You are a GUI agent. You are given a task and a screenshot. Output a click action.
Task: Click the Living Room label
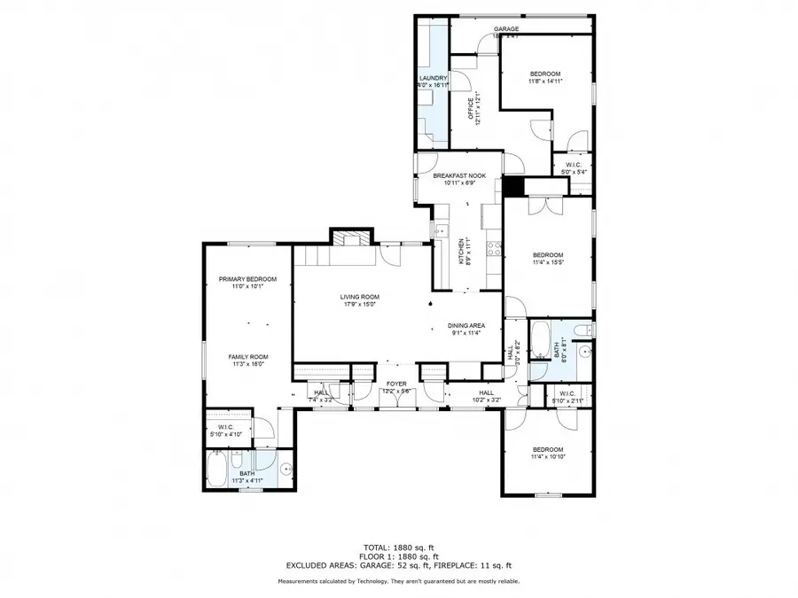359,300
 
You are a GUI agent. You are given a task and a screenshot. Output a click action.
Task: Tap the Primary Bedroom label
247,283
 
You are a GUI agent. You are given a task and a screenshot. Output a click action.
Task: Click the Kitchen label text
460,250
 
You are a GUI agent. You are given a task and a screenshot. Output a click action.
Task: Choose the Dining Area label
465,330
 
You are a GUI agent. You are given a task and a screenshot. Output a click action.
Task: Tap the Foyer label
395,387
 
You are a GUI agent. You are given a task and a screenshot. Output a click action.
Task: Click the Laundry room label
433,82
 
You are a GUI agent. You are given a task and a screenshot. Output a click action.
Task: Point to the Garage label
505,32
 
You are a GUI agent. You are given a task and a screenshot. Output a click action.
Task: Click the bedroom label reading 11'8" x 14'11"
545,77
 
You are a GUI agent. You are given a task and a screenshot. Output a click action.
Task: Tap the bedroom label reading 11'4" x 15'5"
548,258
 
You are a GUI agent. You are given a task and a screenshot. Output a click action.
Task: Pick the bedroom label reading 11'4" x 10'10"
547,454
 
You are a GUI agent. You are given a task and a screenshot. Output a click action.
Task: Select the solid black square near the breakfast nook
513,186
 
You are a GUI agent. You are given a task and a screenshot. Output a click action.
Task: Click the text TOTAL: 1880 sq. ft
398,548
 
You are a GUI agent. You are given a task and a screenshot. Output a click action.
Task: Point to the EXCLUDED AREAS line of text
398,564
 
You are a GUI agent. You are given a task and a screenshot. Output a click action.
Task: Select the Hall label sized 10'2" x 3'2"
487,396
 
